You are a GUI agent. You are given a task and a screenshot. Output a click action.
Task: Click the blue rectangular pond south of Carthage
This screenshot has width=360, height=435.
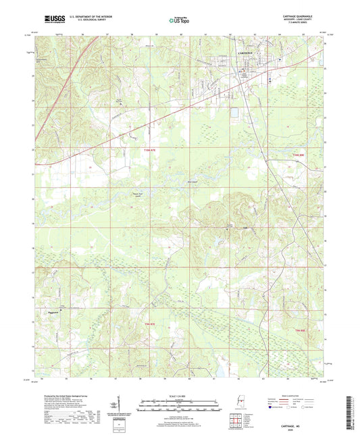click(234, 114)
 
